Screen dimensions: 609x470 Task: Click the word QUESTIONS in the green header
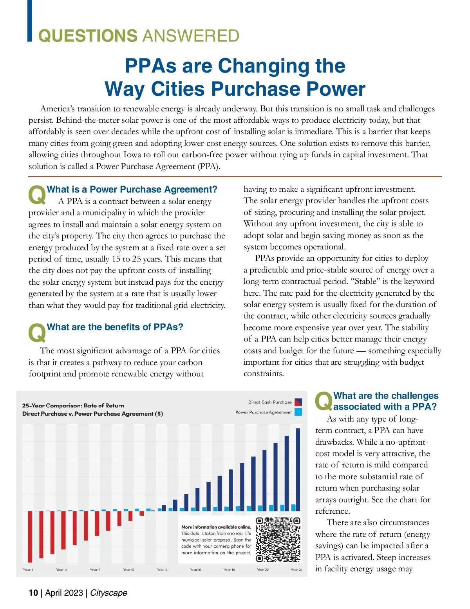point(87,36)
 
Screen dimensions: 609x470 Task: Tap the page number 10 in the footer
point(33,593)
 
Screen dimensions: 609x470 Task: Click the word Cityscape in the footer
point(108,593)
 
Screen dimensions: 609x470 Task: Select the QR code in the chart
point(278,540)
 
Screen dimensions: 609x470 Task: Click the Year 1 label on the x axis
point(28,569)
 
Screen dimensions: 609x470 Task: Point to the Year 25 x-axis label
point(296,569)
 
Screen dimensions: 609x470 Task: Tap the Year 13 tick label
point(162,569)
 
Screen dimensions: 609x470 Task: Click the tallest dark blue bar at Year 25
point(298,467)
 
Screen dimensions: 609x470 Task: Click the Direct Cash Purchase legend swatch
point(298,402)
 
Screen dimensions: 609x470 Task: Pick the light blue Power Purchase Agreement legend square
point(298,412)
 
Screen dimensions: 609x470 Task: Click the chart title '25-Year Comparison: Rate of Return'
point(73,405)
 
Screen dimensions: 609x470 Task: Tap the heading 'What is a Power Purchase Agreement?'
point(132,189)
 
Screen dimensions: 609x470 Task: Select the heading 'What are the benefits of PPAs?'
point(115,327)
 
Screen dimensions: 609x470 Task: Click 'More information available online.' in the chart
point(216,527)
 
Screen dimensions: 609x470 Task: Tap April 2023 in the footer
point(64,593)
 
